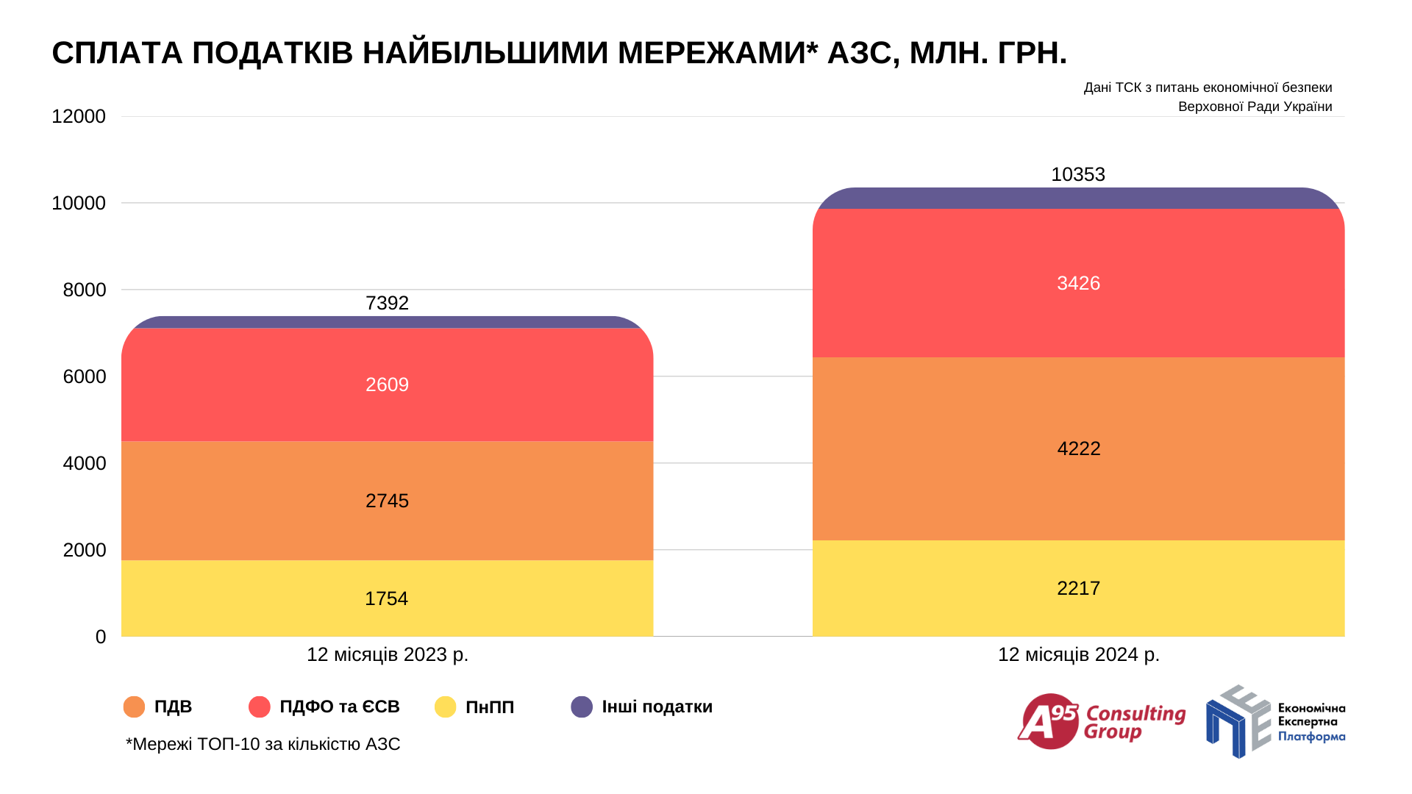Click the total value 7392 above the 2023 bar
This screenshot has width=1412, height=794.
[387, 303]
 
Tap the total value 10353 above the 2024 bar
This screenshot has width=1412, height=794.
[1077, 174]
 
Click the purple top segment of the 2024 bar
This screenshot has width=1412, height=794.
[1078, 198]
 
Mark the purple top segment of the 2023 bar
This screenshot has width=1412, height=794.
[387, 322]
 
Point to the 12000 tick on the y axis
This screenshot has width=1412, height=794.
[79, 116]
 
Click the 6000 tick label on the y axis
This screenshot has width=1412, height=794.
[85, 376]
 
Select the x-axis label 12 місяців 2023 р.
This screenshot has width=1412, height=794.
[387, 654]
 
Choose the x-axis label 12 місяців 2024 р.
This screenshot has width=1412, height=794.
[1078, 654]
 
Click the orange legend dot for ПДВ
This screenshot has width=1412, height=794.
[135, 707]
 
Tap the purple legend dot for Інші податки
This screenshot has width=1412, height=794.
[582, 707]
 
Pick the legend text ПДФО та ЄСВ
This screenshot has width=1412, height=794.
[339, 707]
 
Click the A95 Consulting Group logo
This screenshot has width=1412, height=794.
[1101, 722]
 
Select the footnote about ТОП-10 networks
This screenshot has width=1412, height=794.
[263, 744]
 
